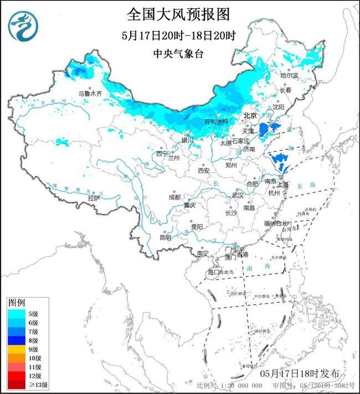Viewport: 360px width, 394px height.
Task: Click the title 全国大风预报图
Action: coord(178,13)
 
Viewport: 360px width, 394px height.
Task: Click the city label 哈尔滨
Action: coord(289,75)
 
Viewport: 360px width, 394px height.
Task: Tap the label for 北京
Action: coord(251,116)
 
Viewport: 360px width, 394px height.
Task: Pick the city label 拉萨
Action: coord(94,198)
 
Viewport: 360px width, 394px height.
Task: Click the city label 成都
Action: coord(174,197)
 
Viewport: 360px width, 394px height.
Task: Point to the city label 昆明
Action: coord(166,237)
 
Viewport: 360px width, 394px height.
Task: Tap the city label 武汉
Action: coord(237,195)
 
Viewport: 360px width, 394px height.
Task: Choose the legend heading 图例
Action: coord(17,303)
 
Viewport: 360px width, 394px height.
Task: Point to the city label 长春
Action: coord(285,90)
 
